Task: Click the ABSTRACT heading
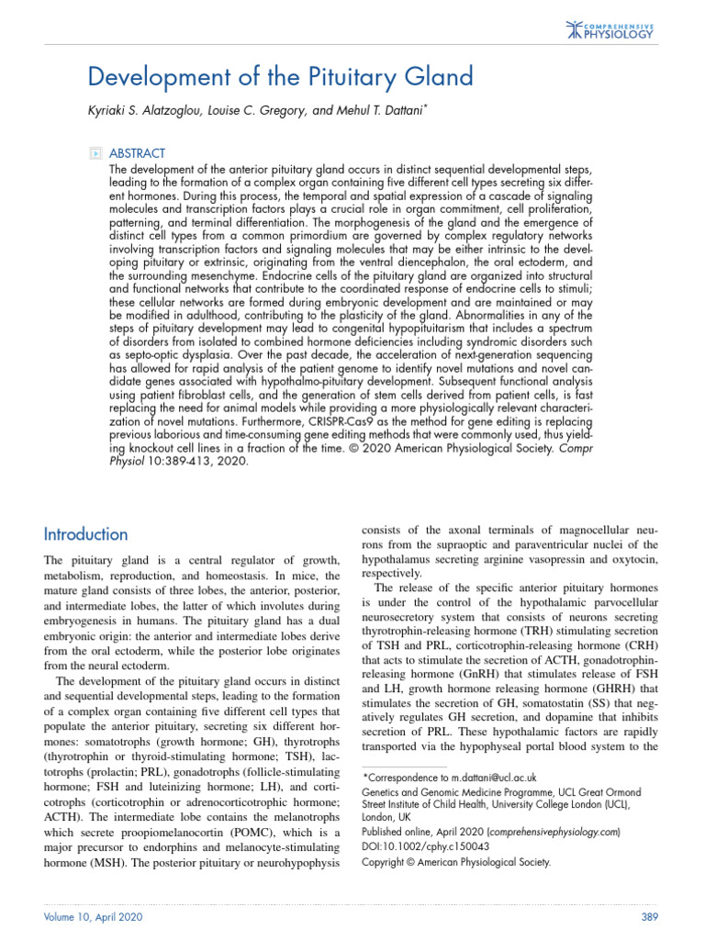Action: click(138, 153)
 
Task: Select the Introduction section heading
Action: click(86, 534)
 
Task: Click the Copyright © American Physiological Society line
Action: click(456, 862)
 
